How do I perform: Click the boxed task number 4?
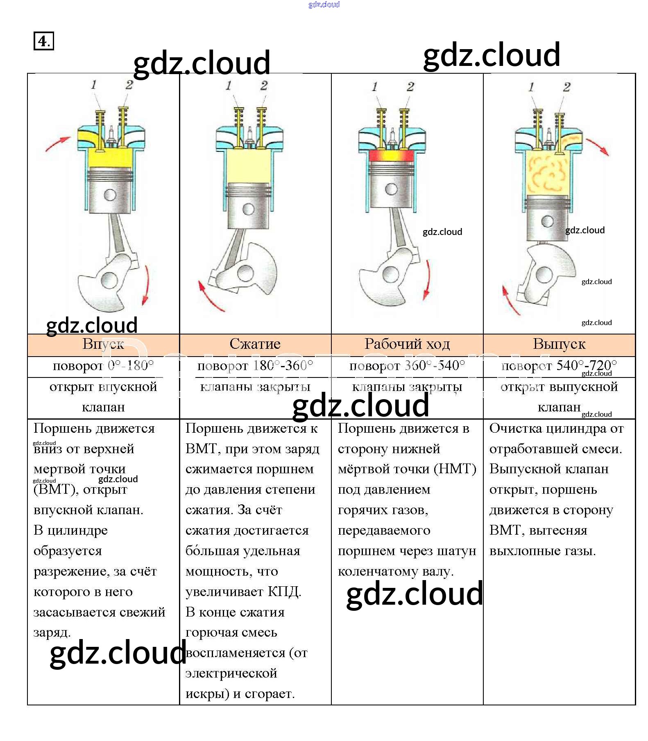[43, 41]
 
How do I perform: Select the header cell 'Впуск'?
[103, 344]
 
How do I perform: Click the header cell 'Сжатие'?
[255, 344]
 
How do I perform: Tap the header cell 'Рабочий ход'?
[407, 344]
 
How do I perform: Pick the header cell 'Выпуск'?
[559, 344]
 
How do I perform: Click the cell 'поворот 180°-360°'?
[255, 366]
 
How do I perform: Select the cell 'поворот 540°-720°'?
[559, 366]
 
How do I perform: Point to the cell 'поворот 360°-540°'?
[407, 366]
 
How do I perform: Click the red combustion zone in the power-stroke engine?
[391, 156]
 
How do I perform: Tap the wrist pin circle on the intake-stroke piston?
[110, 194]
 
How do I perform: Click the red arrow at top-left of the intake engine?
[57, 144]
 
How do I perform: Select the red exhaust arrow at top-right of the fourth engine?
[598, 147]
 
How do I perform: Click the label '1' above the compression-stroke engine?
[229, 86]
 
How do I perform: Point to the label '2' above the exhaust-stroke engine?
[566, 87]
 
